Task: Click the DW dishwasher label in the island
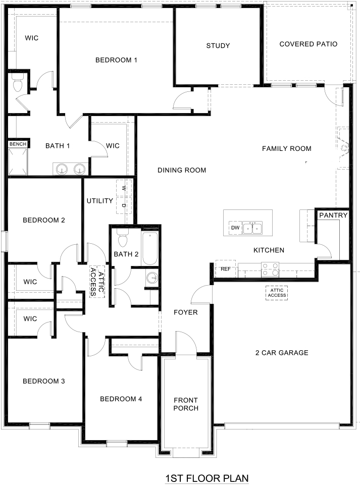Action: click(x=235, y=228)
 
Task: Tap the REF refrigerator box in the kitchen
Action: click(x=225, y=269)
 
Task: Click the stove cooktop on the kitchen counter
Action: click(x=270, y=269)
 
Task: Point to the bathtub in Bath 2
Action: click(x=150, y=248)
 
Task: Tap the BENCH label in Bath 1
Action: click(x=18, y=144)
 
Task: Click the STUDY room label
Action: click(x=218, y=46)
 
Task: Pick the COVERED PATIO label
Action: click(x=308, y=44)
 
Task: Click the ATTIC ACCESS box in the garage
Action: click(x=277, y=293)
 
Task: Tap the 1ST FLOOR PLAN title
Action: click(x=208, y=477)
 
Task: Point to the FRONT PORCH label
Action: click(x=186, y=404)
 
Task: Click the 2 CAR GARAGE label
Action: click(x=281, y=353)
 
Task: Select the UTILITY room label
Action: click(x=99, y=201)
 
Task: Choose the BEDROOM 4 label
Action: click(x=121, y=399)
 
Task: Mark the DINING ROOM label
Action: click(x=182, y=170)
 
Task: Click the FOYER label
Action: click(x=185, y=312)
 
